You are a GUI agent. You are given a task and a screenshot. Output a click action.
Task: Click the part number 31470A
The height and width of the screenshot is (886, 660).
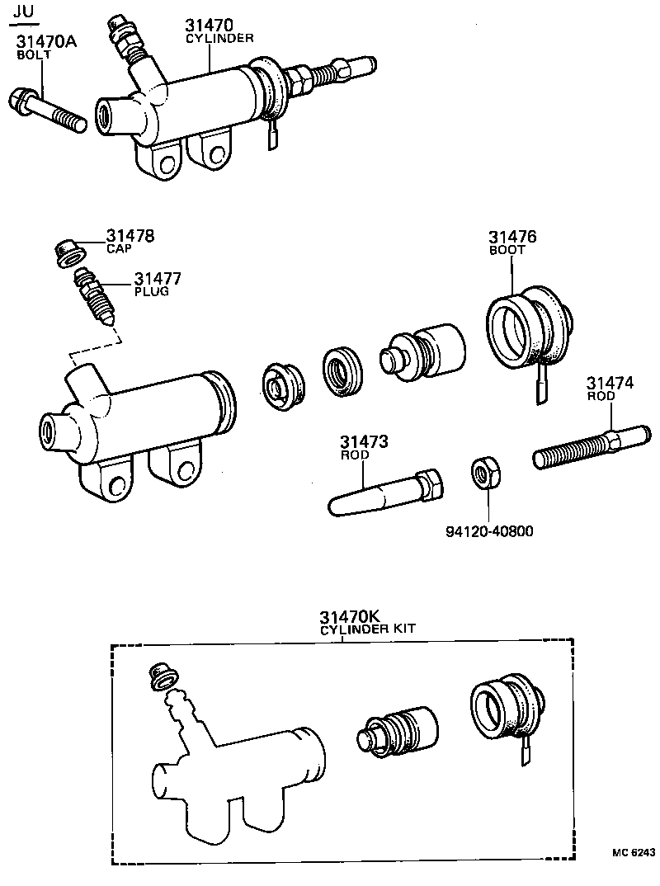pos(45,42)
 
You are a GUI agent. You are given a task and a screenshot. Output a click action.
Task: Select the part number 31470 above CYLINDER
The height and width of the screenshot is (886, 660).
pos(210,26)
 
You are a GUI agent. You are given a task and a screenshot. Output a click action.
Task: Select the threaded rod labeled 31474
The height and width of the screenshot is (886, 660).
pos(587,445)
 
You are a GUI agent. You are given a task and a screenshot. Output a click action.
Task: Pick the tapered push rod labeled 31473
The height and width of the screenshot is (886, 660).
pos(386,494)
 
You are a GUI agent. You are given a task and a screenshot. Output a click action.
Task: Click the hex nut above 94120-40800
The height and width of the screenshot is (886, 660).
pos(482,474)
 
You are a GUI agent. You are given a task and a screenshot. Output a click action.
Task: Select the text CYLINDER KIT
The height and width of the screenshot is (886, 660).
pos(366,629)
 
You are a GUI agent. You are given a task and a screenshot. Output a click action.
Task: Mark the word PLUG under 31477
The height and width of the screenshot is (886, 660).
pos(151,291)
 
